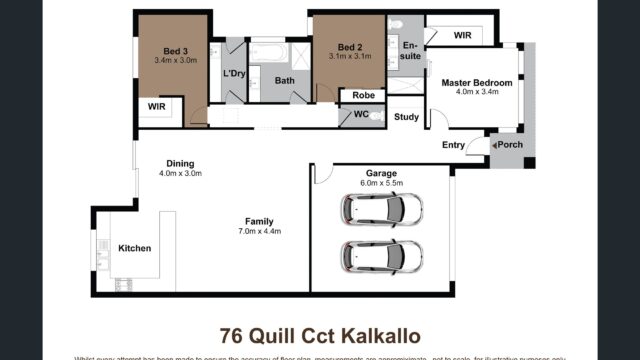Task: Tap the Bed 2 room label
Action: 349,47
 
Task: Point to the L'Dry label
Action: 234,74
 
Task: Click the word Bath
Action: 285,81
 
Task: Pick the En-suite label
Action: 411,51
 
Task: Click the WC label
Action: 361,115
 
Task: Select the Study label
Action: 406,117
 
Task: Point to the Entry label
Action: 453,146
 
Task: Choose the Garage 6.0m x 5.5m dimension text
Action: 383,183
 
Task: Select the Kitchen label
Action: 135,248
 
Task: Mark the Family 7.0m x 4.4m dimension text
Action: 259,231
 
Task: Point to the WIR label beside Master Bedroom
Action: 462,35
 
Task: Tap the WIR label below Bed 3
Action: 157,105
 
